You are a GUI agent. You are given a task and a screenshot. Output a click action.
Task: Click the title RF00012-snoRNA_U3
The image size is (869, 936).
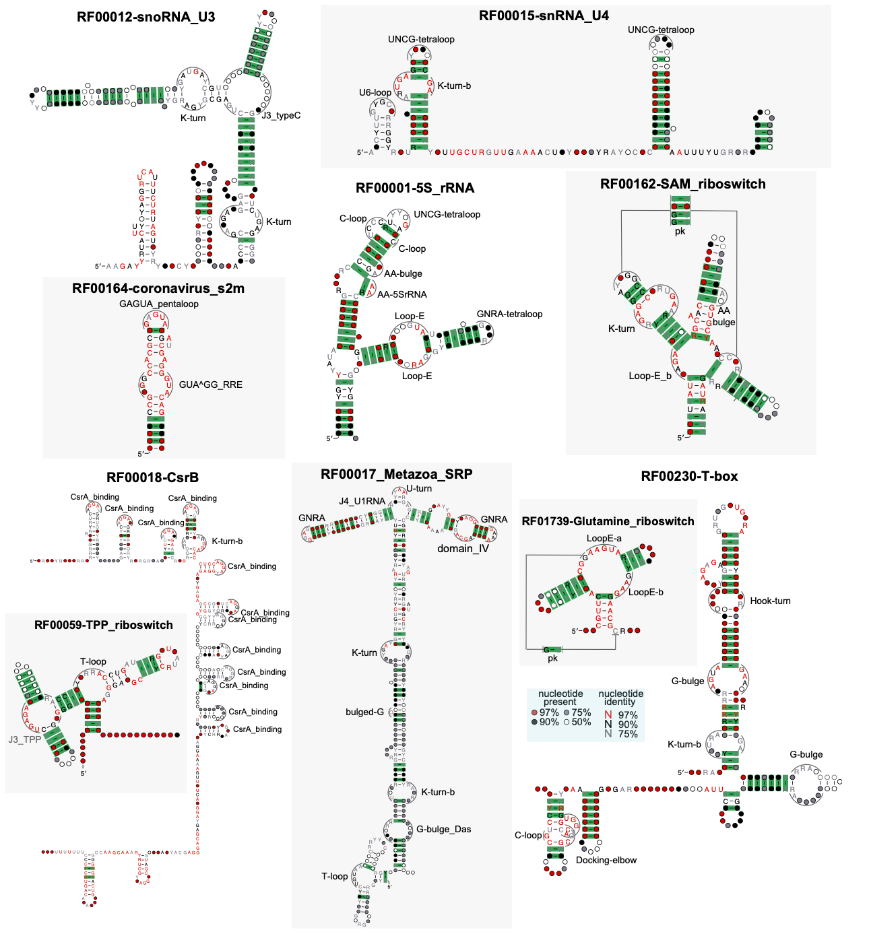(x=146, y=17)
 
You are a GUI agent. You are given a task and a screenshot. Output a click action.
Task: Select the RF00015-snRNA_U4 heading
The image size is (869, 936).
(x=543, y=15)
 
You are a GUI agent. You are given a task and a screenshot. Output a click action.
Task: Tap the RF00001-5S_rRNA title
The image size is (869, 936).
(x=415, y=188)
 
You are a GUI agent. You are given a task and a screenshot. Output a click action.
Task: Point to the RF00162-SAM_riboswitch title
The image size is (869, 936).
(x=682, y=184)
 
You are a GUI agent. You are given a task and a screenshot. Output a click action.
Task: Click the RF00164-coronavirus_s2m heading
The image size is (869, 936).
(x=158, y=288)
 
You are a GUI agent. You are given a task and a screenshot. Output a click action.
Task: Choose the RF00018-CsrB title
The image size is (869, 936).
(x=152, y=477)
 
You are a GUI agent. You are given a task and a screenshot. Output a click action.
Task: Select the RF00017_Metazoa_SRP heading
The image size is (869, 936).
(x=396, y=474)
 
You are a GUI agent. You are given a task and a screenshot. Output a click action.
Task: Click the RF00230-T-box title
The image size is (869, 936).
(x=689, y=476)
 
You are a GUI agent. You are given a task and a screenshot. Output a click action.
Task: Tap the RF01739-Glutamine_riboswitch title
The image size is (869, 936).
(x=608, y=521)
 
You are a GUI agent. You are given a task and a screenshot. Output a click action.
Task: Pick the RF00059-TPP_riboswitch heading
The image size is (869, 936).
(x=103, y=625)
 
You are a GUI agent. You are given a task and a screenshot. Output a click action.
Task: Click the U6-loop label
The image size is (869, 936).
(x=375, y=92)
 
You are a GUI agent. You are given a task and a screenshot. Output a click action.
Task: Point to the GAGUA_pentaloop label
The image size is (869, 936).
(x=158, y=304)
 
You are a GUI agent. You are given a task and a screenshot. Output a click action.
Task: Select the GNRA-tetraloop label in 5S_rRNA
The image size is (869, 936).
(x=509, y=314)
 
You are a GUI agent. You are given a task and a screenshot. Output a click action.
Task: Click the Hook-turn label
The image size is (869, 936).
(x=770, y=601)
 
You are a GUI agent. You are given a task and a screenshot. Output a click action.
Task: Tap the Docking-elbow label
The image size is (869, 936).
(x=606, y=860)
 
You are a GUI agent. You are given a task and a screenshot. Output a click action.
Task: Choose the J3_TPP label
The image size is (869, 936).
(x=24, y=739)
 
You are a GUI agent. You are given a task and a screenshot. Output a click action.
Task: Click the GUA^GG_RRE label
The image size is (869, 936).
(x=210, y=385)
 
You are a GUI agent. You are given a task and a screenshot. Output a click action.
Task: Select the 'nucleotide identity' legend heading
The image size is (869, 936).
(x=620, y=698)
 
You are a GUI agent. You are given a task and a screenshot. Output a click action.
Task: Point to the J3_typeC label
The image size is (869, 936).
(x=281, y=115)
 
